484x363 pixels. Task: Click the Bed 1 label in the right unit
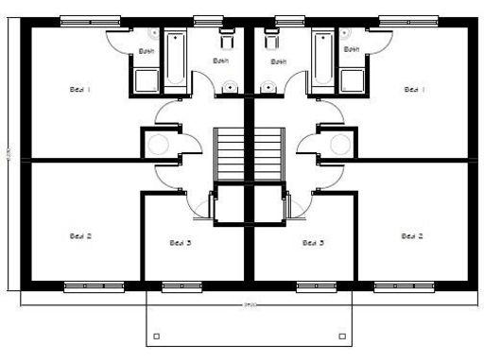pos(412,90)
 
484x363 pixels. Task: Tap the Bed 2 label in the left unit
pos(79,235)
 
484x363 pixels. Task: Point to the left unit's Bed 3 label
pos(181,243)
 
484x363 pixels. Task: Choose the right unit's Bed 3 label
pos(313,243)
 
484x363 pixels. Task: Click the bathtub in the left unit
pos(176,61)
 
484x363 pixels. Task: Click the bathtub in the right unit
pos(322,61)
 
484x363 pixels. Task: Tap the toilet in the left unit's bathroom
pos(226,41)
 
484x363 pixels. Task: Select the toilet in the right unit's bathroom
pos(271,41)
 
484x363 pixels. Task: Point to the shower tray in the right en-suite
pos(353,80)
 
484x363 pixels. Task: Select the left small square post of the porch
pos(156,335)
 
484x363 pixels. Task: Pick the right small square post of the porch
pos(341,335)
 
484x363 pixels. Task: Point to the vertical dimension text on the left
pos(9,156)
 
